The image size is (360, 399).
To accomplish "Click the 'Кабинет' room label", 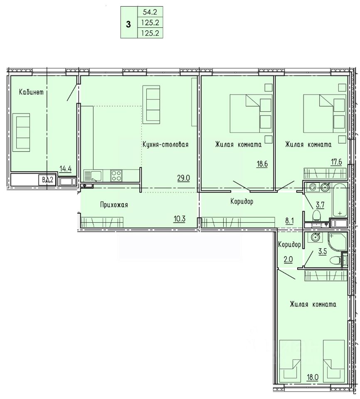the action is click(31, 92).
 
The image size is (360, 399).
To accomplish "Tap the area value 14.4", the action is click(65, 168).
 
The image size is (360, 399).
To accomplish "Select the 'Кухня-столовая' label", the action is click(165, 145).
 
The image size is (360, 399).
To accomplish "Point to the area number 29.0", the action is click(184, 178).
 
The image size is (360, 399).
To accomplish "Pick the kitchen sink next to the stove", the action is click(93, 176).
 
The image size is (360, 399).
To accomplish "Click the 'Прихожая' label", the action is click(114, 205).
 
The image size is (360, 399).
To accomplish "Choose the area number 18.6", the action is click(262, 164).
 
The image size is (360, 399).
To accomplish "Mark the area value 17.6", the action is click(336, 162).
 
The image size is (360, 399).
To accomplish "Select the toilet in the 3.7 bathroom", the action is click(317, 215).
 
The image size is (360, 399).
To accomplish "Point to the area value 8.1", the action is click(289, 221).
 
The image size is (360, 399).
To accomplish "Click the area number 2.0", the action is click(288, 259).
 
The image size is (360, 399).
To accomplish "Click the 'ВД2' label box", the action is click(47, 180).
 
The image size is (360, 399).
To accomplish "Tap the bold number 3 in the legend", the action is click(128, 25).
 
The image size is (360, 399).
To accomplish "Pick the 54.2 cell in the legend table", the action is click(150, 12).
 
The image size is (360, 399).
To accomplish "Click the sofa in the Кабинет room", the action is click(23, 132).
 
